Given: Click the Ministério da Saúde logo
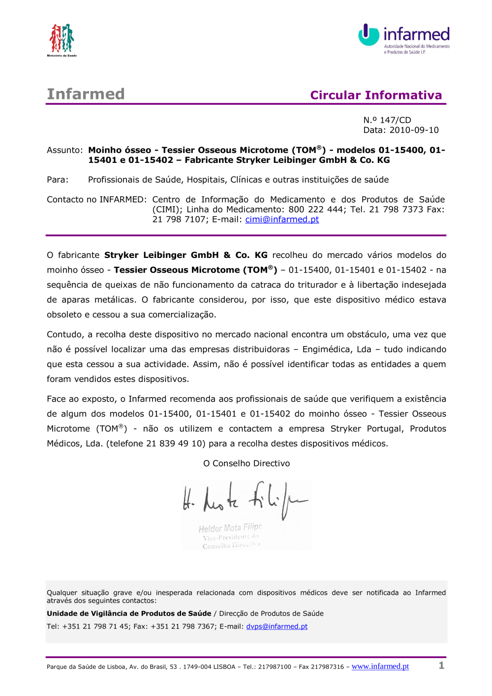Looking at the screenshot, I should pos(61,39).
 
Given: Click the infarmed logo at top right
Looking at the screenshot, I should pos(403,38).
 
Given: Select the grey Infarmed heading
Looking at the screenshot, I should pos(86,94).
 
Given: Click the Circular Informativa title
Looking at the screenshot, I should pos(376,95).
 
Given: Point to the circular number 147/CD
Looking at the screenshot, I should pos(395,120).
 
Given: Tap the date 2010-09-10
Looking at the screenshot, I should pos(414,130).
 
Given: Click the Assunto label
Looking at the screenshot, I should pos(64,150).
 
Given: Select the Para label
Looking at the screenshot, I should pos(58,180).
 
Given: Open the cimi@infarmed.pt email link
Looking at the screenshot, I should pos(282,220).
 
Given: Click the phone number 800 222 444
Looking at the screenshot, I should pos(315,210).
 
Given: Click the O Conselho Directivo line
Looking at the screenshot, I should pos(246,463).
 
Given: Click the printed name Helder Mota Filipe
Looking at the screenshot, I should pos(230,528).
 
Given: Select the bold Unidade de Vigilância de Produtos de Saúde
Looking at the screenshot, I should pos(129,613).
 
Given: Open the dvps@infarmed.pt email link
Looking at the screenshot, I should pos(277,627).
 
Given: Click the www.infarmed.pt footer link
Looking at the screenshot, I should pos(380,666).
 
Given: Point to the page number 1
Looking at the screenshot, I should pos(441,665).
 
